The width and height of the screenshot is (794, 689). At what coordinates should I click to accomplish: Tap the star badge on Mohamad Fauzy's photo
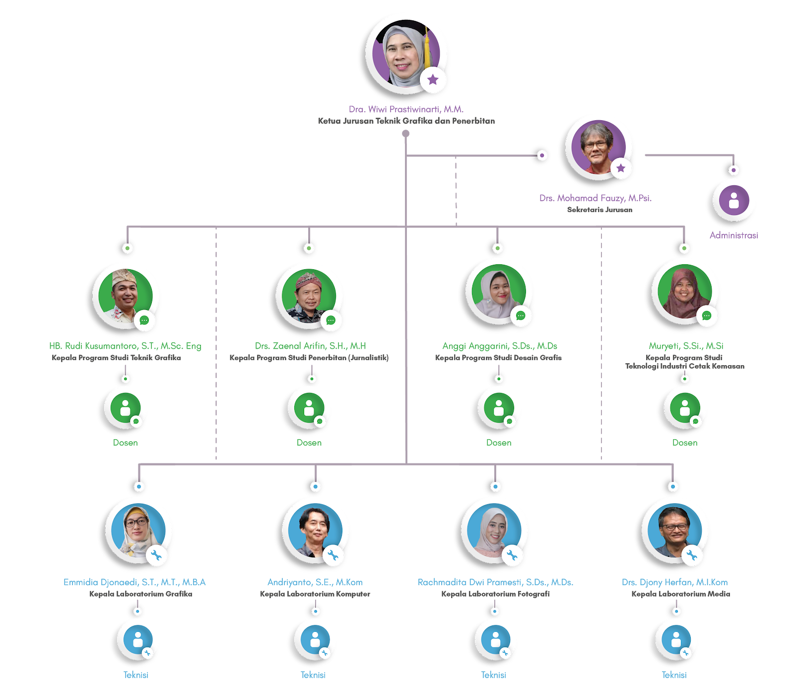pyautogui.click(x=620, y=168)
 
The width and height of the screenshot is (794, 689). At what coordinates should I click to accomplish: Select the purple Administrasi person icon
pyautogui.click(x=734, y=200)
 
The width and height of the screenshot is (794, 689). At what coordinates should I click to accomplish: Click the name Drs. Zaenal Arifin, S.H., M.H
pyautogui.click(x=311, y=346)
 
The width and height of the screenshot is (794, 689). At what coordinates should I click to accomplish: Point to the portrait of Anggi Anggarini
pyautogui.click(x=498, y=292)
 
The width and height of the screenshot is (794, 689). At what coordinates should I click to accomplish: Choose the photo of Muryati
pyautogui.click(x=684, y=292)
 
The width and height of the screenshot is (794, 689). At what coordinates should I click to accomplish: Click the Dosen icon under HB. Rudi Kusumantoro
pyautogui.click(x=126, y=408)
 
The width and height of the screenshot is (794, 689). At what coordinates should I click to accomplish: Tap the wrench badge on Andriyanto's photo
pyautogui.click(x=333, y=555)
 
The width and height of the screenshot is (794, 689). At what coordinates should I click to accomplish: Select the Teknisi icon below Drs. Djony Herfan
pyautogui.click(x=676, y=640)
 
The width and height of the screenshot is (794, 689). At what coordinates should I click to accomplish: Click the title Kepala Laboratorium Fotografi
pyautogui.click(x=495, y=594)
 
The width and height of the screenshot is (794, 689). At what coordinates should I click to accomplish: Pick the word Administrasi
pyautogui.click(x=733, y=235)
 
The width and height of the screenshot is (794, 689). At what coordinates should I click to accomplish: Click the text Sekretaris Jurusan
pyautogui.click(x=599, y=210)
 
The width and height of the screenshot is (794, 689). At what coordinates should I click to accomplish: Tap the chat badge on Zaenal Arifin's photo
pyautogui.click(x=331, y=320)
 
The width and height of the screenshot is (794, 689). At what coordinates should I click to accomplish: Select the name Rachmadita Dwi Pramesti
pyautogui.click(x=495, y=582)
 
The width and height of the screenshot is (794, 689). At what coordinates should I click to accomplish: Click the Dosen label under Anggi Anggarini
pyautogui.click(x=499, y=443)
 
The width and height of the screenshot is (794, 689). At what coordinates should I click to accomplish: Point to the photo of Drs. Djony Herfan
pyautogui.click(x=674, y=531)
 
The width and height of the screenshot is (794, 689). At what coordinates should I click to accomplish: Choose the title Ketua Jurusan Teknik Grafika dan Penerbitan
pyautogui.click(x=406, y=121)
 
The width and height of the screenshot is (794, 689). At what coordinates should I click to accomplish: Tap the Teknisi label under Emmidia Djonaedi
pyautogui.click(x=136, y=675)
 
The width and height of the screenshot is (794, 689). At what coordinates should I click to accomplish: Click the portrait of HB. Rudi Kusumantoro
pyautogui.click(x=126, y=296)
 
